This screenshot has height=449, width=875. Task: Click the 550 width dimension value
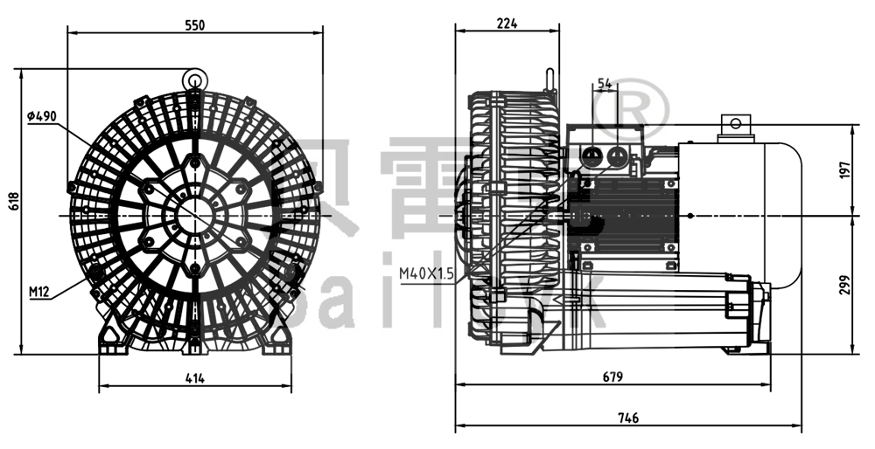click(x=194, y=25)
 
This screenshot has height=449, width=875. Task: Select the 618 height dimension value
click(x=11, y=202)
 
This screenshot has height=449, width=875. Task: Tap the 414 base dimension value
click(x=194, y=377)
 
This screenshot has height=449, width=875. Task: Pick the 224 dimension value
click(x=507, y=24)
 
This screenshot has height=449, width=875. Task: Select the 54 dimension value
click(x=605, y=84)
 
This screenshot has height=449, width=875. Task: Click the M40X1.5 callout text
click(x=426, y=274)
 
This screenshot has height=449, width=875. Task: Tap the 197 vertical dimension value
click(x=844, y=170)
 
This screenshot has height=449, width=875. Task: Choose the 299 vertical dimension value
click(x=844, y=284)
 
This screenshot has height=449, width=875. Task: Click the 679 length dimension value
click(x=612, y=377)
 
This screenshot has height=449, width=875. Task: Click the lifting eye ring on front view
click(x=194, y=79)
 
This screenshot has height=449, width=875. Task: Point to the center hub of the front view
click(x=194, y=213)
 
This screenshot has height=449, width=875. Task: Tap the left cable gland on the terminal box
click(x=591, y=157)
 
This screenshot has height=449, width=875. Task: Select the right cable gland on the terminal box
click(x=619, y=157)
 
